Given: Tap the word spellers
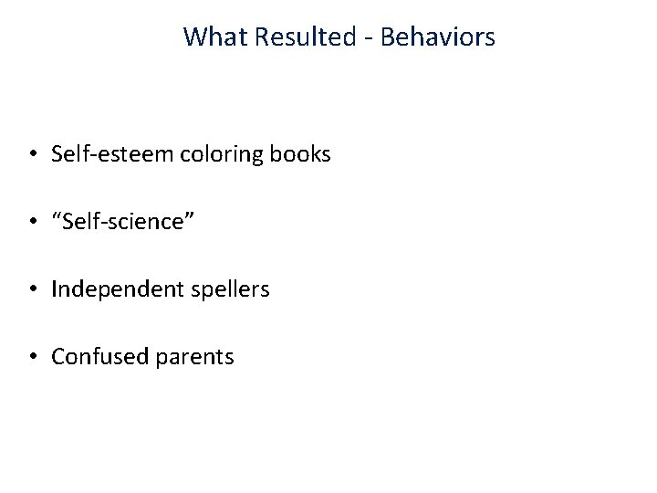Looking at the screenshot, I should pos(224,290).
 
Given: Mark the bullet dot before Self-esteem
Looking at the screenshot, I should pos(33,155).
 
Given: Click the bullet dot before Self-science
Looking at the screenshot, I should pos(33,223).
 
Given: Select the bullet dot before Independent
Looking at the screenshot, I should pos(33,290).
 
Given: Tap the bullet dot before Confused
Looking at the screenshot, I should pos(33,358).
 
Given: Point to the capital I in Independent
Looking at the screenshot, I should pos(54,288).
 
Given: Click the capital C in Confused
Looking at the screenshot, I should pos(57,356).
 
